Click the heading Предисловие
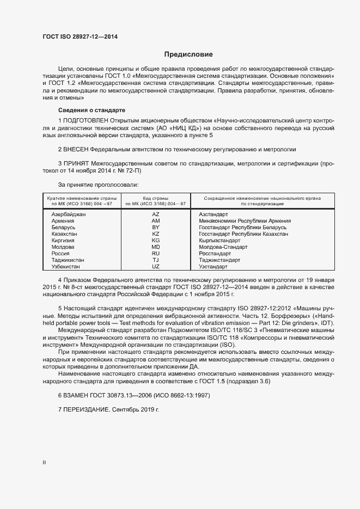point(188,54)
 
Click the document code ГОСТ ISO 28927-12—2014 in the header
point(80,36)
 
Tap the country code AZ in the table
point(156,214)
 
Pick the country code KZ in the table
point(156,234)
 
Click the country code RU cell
point(156,254)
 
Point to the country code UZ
point(156,267)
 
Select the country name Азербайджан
point(69,214)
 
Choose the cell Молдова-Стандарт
point(223,247)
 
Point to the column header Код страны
point(156,198)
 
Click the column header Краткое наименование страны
point(80,198)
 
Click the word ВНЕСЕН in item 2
point(76,149)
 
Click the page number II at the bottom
point(44,463)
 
